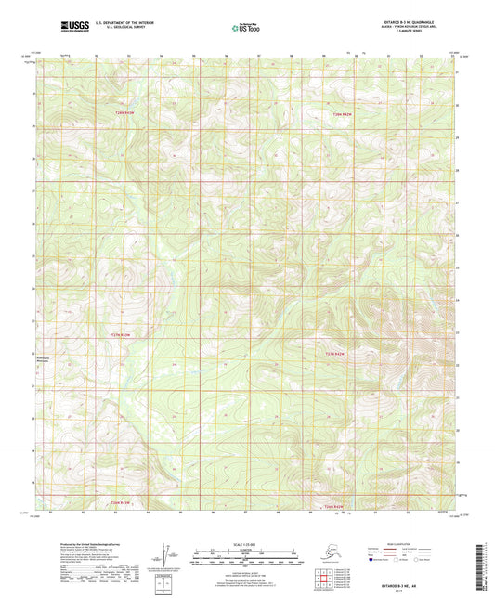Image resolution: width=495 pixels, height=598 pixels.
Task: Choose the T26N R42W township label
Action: tap(333, 507)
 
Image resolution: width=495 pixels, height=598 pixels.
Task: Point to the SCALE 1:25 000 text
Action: tap(247, 543)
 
